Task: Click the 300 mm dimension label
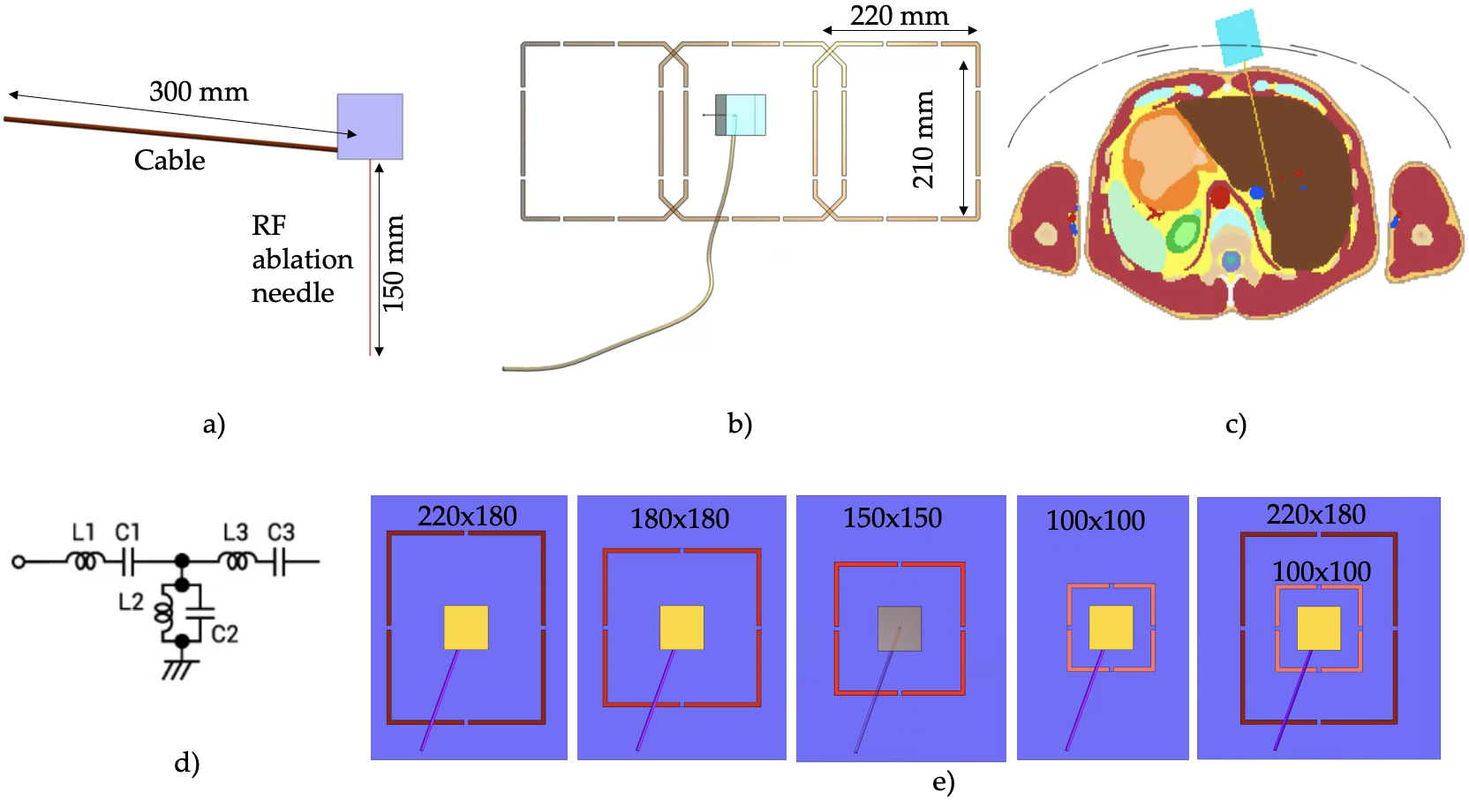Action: coord(199,92)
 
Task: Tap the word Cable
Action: coord(169,161)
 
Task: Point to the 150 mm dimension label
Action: coord(394,263)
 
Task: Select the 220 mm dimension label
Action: coord(899,16)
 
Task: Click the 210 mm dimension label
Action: coord(923,140)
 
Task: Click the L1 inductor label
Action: coord(84,532)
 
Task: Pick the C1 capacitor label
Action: coord(128,532)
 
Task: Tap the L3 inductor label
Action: coord(236,532)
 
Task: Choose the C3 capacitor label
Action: coord(282,532)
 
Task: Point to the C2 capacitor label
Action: coord(224,634)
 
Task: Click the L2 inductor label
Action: coord(132,601)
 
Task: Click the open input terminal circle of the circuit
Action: coord(19,562)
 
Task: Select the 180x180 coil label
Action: coord(680,520)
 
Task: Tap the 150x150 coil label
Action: coord(893,518)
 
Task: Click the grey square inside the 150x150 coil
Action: coord(900,629)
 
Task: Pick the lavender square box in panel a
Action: coord(370,126)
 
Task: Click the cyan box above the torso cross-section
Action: coord(1239,37)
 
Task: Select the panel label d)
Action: coord(187,763)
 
